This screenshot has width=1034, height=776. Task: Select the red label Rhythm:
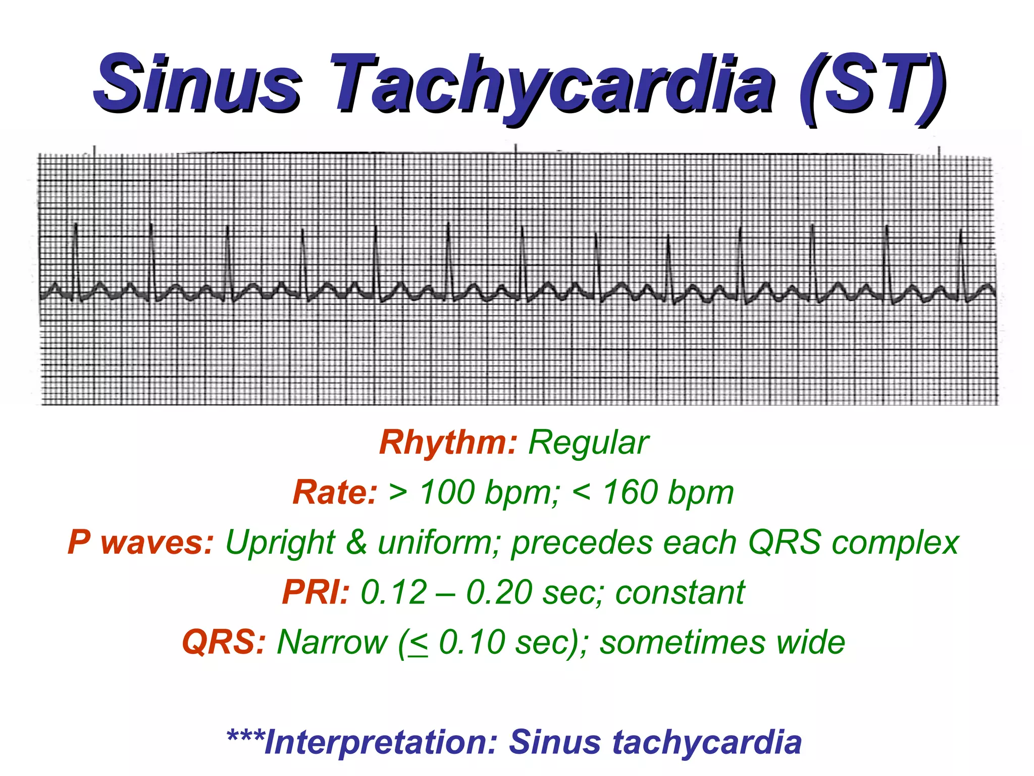coord(448,443)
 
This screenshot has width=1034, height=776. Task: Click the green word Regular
coord(588,443)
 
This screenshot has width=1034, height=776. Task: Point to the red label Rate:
coord(335,492)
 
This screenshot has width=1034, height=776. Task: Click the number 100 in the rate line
coord(447,492)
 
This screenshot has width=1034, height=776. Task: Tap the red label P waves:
coord(141,542)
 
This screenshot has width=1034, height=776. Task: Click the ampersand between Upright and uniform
coord(356,542)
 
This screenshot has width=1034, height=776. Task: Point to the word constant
coord(680,592)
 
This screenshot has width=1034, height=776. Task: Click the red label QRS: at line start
coord(224,642)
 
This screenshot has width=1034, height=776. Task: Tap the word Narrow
coord(332,642)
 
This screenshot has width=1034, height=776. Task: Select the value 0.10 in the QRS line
coord(472,642)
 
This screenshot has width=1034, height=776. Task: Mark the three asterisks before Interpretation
coord(245,736)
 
